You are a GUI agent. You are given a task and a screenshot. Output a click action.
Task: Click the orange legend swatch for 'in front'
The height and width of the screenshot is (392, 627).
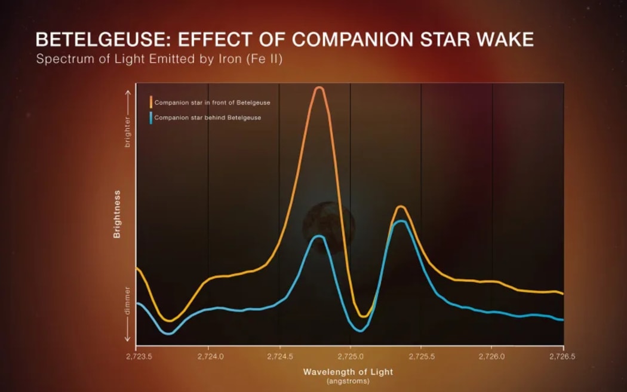(151, 102)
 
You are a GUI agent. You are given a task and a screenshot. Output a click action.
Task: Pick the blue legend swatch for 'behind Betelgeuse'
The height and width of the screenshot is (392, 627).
(151, 117)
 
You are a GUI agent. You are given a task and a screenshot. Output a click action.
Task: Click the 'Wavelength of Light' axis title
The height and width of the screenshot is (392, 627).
(348, 372)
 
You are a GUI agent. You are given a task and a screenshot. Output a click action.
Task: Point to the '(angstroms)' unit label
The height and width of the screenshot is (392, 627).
(348, 381)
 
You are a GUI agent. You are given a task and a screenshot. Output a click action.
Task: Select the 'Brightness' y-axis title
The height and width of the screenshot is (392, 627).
(117, 215)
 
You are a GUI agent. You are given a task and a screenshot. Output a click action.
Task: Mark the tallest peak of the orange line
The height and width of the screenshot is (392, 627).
(319, 88)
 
